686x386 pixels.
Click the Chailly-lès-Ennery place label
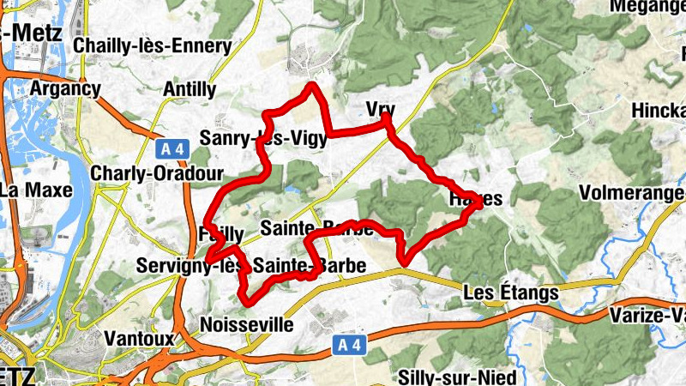(153, 45)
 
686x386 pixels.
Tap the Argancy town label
(65, 88)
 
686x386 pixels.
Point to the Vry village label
(379, 108)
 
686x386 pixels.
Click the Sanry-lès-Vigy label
(262, 137)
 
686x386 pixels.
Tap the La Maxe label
(27, 189)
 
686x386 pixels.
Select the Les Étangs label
(510, 293)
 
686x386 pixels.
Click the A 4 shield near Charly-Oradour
(171, 148)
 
